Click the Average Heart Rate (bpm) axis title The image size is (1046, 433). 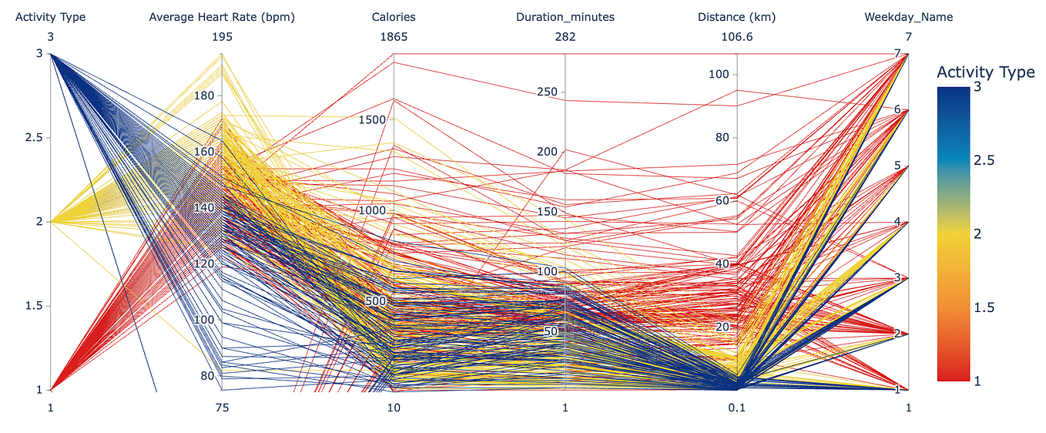click(x=222, y=17)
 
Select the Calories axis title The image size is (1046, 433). click(x=393, y=17)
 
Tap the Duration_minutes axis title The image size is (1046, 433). click(x=565, y=17)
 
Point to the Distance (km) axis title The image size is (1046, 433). click(x=737, y=17)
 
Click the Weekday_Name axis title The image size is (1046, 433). click(x=908, y=17)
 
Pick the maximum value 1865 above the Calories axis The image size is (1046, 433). click(x=393, y=37)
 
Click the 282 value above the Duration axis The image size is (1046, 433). click(x=565, y=37)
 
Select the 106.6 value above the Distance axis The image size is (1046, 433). click(x=737, y=37)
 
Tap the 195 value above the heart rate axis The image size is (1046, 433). click(x=222, y=37)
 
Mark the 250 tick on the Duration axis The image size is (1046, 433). click(x=547, y=92)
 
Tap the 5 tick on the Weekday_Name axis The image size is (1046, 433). click(x=897, y=166)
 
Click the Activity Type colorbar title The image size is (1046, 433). click(x=985, y=72)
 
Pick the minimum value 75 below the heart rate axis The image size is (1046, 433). click(x=222, y=408)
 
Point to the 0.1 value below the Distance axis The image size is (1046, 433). click(x=737, y=408)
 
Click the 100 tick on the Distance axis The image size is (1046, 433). click(x=718, y=75)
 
